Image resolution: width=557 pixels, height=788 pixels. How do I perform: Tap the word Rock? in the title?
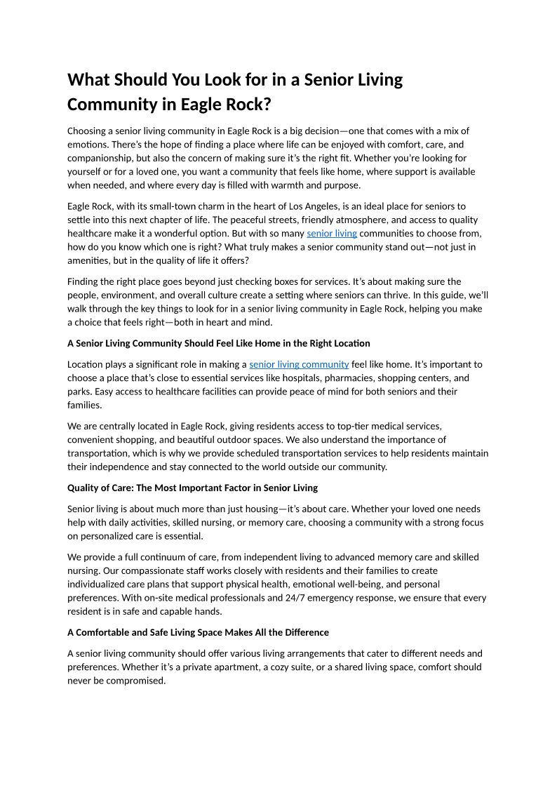248,105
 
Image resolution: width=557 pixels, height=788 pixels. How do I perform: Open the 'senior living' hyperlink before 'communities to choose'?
332,233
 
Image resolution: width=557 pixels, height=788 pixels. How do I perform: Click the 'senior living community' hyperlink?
299,364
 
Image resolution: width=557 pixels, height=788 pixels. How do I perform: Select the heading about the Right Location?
218,343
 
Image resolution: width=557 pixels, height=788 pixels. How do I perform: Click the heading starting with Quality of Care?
192,488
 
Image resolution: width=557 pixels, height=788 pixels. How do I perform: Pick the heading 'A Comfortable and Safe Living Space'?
198,632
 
